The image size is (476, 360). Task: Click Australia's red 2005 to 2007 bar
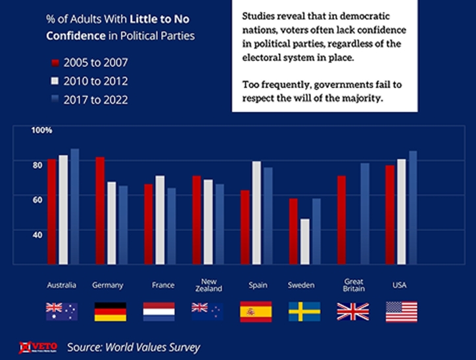[x=52, y=210]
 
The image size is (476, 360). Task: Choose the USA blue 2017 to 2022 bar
[x=413, y=206]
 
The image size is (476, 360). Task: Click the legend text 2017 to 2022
[x=96, y=100]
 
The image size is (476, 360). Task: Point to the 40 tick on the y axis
[x=37, y=234]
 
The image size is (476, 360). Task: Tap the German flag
[x=110, y=311]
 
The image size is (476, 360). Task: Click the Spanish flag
[x=256, y=311]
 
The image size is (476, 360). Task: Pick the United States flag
[x=401, y=311]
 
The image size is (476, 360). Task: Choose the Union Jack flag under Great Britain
[x=353, y=311]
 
